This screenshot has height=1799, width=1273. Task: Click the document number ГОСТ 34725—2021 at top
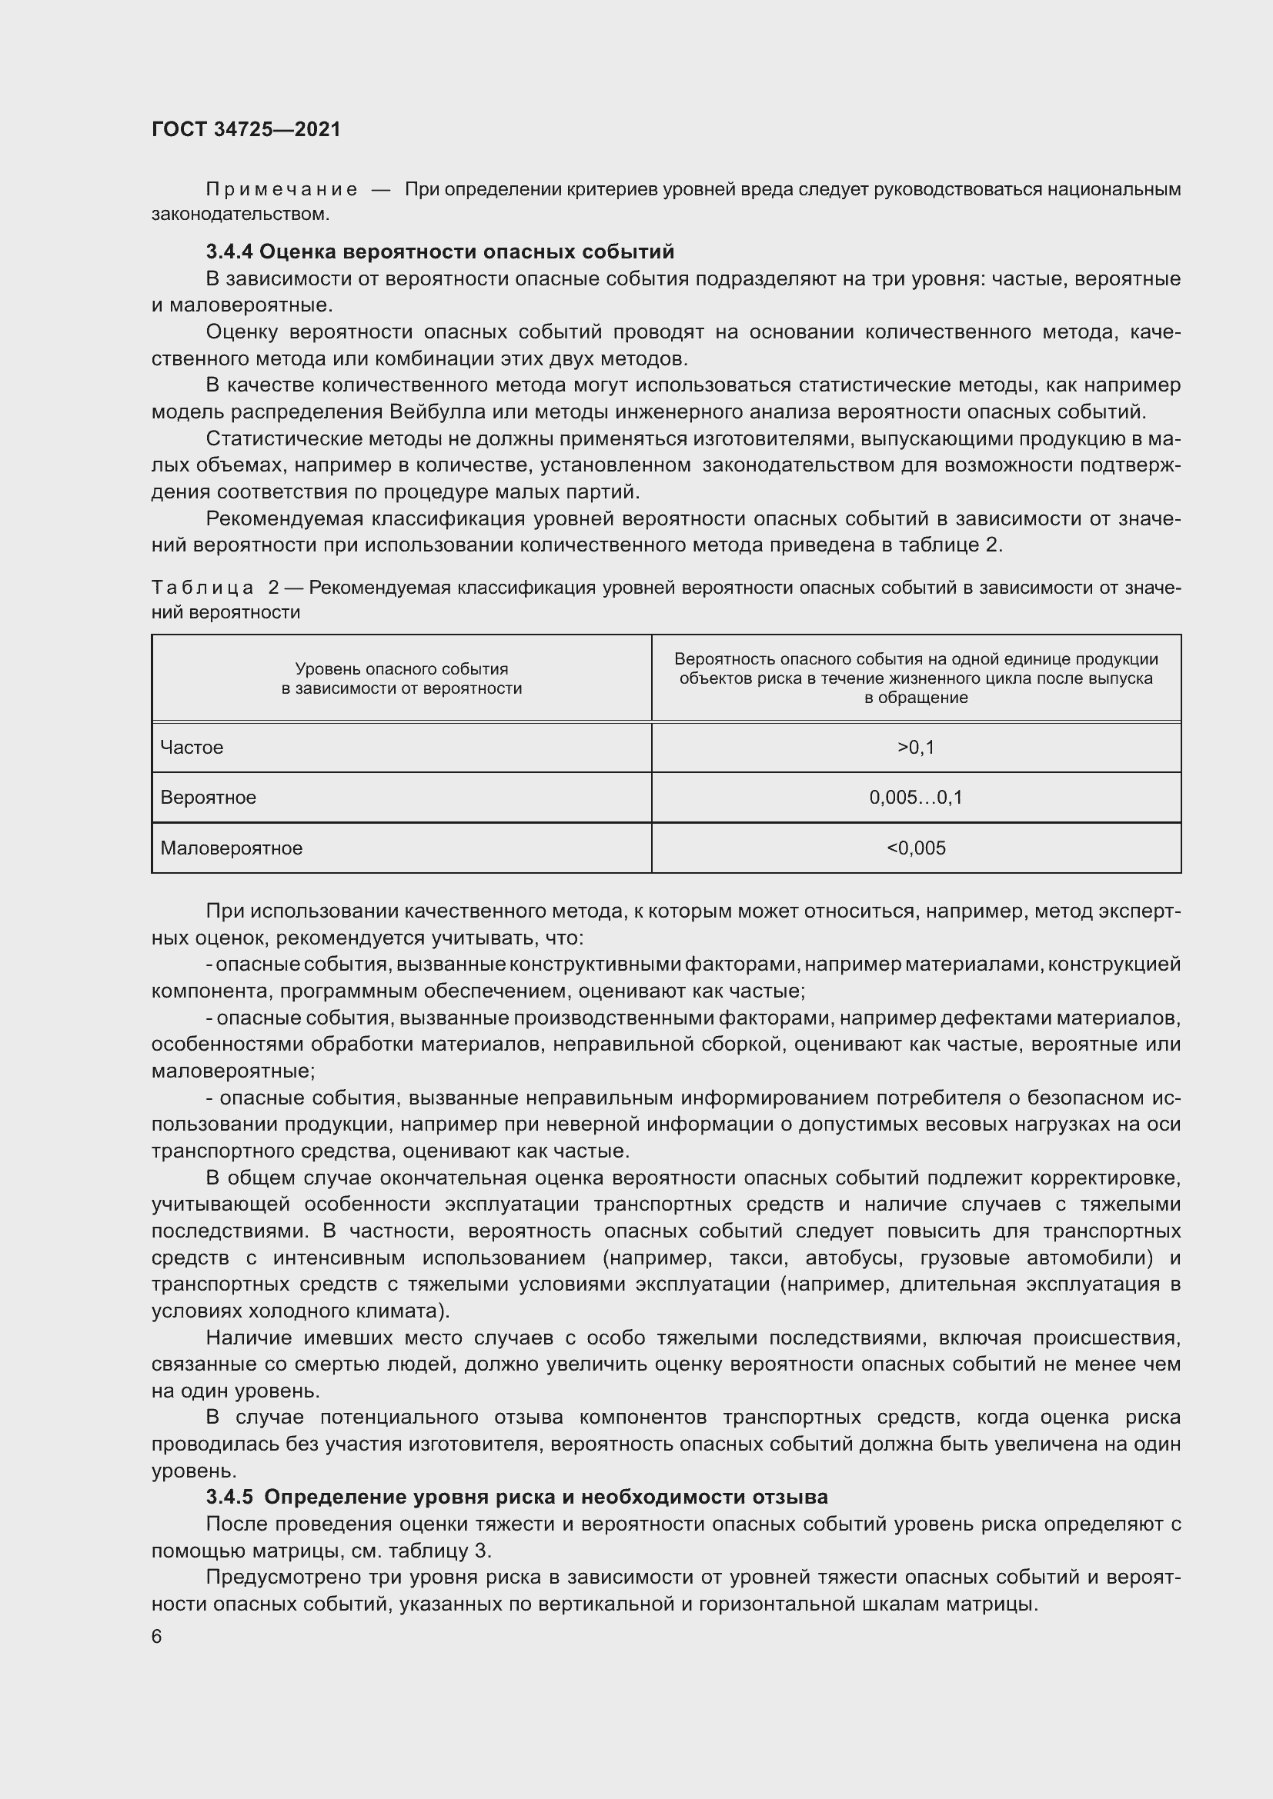(x=246, y=129)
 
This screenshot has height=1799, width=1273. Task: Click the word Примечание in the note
(x=282, y=190)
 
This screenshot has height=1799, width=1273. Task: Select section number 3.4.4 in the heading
(x=229, y=252)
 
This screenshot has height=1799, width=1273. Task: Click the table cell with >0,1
(x=916, y=748)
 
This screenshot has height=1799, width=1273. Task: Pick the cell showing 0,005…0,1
(x=916, y=798)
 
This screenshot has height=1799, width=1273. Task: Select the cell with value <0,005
(x=916, y=848)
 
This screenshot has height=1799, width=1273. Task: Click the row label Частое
(x=192, y=748)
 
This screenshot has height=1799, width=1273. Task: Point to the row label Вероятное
(x=209, y=798)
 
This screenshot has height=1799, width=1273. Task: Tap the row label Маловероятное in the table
(x=231, y=848)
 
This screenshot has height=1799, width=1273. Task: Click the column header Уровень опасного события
(x=401, y=678)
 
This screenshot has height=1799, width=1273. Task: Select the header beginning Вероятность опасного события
(x=916, y=678)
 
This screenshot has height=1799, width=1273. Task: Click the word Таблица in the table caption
(x=202, y=588)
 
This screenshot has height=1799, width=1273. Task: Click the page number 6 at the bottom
(x=157, y=1637)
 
